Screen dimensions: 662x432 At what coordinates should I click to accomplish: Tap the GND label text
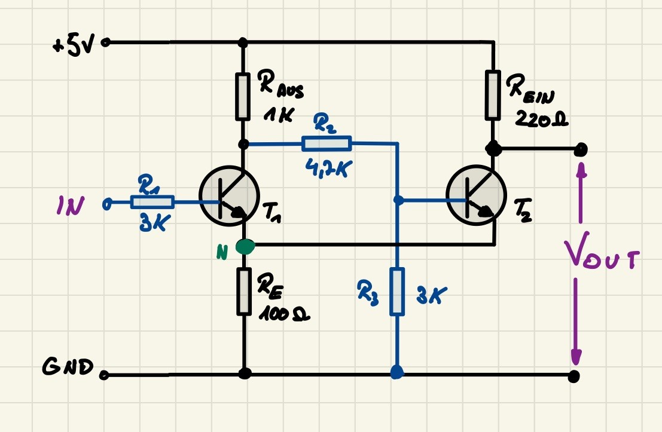pos(68,366)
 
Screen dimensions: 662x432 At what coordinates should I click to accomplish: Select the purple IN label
pos(71,206)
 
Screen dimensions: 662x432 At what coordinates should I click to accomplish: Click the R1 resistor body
pos(152,202)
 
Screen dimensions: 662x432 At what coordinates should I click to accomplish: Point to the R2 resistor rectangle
pos(327,143)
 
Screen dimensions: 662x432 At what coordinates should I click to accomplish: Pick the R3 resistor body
pos(397,291)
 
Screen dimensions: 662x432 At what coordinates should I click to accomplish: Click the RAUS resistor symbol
pos(242,96)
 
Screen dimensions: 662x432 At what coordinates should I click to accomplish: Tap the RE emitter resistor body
pos(243,291)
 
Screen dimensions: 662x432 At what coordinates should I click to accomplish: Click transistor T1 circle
pos(229,195)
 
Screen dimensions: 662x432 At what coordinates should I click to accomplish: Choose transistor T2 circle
pos(476,195)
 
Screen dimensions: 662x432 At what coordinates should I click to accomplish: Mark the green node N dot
pos(245,246)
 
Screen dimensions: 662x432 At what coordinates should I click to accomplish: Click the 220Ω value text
pos(541,120)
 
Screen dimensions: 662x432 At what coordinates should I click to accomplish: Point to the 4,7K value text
pos(328,168)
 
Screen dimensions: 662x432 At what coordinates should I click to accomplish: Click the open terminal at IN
pos(107,204)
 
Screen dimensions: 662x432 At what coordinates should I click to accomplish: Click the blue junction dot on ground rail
pos(397,372)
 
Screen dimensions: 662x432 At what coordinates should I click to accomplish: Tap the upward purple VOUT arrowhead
pos(581,170)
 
